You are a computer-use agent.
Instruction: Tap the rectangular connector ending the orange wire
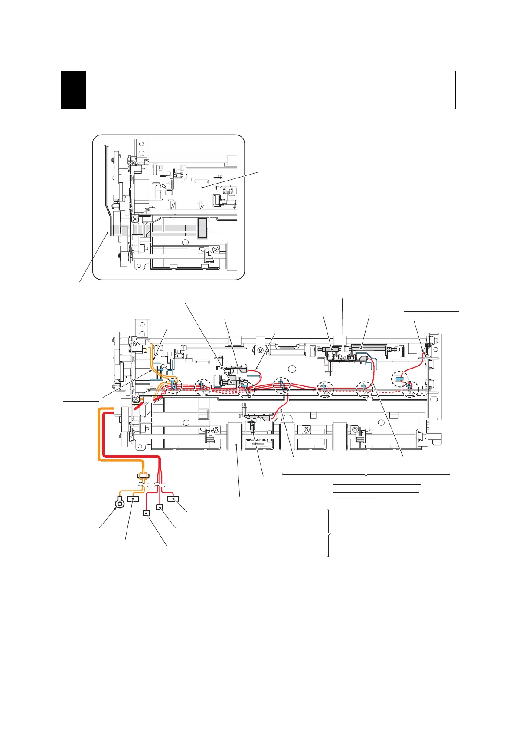(x=133, y=499)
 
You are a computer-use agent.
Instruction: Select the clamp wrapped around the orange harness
(x=143, y=476)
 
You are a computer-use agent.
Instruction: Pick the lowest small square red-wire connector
(x=147, y=514)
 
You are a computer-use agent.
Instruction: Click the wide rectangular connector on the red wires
(x=173, y=499)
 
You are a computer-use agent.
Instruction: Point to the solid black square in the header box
(x=74, y=90)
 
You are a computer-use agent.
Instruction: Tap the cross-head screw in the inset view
(x=135, y=218)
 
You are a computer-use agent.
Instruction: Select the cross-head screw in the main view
(x=136, y=399)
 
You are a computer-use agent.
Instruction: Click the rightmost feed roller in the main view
(x=341, y=437)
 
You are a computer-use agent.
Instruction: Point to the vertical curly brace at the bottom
(x=329, y=533)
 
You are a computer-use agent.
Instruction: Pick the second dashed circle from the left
(x=203, y=387)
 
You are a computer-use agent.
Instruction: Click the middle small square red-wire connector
(x=160, y=507)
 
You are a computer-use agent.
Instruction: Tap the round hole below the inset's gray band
(x=185, y=242)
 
